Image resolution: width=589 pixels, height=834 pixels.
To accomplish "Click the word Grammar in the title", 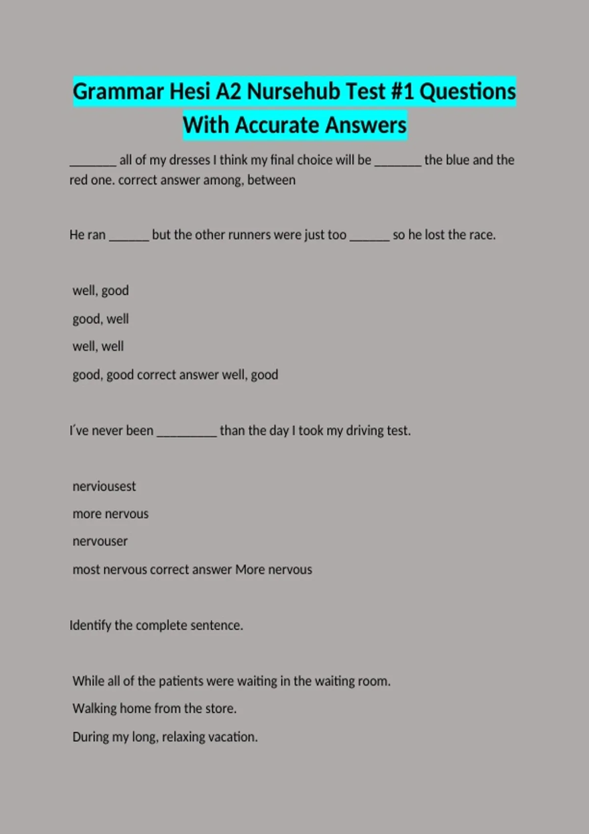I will [118, 92].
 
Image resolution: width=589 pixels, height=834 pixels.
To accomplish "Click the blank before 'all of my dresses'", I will [93, 162].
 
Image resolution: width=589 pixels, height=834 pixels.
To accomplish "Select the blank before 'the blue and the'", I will [398, 162].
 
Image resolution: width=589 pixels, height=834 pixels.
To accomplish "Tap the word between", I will [271, 180].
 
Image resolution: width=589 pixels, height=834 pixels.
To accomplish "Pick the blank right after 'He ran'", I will [129, 237].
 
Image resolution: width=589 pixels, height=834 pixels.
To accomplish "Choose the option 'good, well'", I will [101, 319].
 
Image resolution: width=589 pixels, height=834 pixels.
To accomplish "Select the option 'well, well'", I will [98, 346].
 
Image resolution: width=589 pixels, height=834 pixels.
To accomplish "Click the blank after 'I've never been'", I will [187, 433].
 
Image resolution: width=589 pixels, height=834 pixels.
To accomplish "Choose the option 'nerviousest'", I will [104, 486].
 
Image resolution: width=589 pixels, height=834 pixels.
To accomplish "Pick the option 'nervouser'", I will [100, 541].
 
